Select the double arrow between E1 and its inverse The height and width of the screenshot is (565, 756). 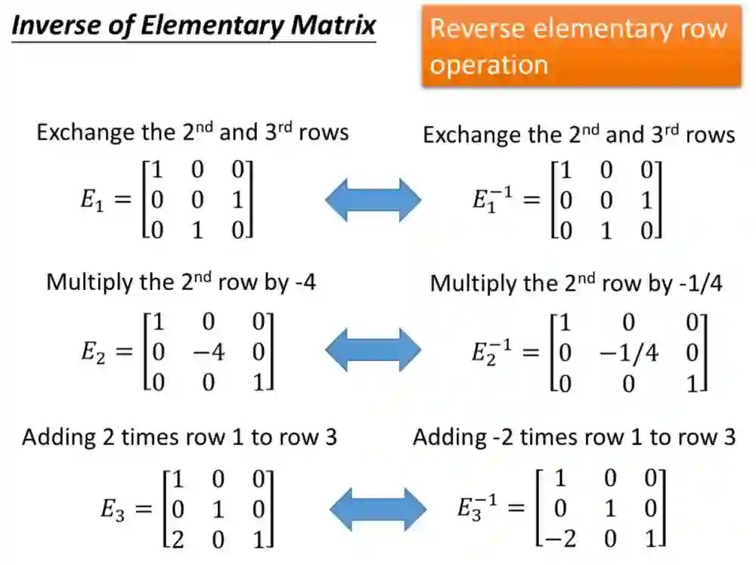click(373, 200)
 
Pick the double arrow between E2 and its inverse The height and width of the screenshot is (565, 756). click(373, 351)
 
